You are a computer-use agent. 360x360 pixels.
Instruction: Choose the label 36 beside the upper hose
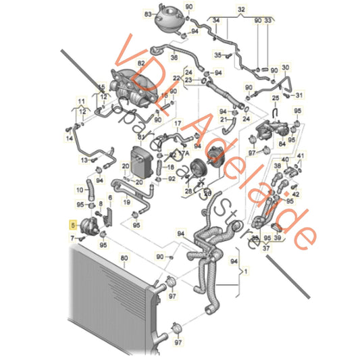click(174, 59)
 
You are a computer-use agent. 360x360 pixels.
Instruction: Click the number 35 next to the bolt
click(218, 53)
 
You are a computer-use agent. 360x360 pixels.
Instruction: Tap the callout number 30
click(285, 68)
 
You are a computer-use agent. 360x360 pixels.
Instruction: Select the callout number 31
click(301, 94)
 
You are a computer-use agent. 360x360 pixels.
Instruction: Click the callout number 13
click(85, 160)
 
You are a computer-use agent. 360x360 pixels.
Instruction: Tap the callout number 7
click(72, 238)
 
